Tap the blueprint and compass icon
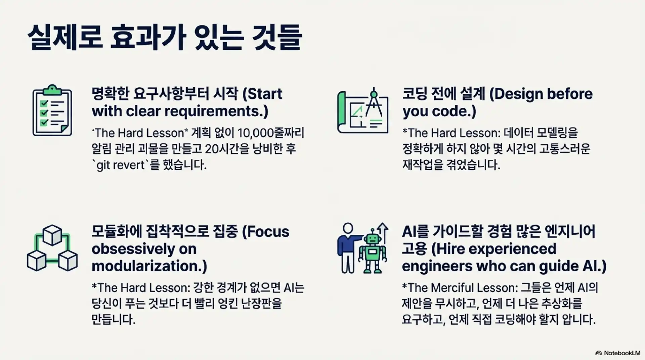pyautogui.click(x=363, y=111)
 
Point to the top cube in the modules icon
pyautogui.click(x=52, y=235)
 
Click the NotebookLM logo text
pyautogui.click(x=622, y=353)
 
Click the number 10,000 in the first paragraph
pyautogui.click(x=256, y=133)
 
